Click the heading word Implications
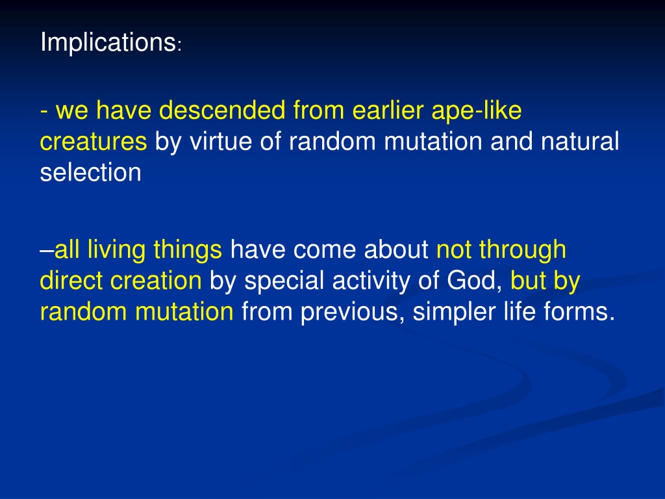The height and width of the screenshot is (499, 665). tap(108, 43)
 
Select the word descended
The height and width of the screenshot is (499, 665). tap(222, 110)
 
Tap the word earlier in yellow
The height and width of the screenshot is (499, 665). tap(388, 110)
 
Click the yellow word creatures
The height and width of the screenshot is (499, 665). tap(94, 142)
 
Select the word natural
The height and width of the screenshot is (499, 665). tap(579, 141)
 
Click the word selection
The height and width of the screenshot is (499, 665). tap(90, 172)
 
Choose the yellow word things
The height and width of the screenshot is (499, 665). tap(188, 250)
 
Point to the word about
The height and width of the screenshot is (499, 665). tap(396, 249)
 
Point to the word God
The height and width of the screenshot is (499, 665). tap(474, 281)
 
